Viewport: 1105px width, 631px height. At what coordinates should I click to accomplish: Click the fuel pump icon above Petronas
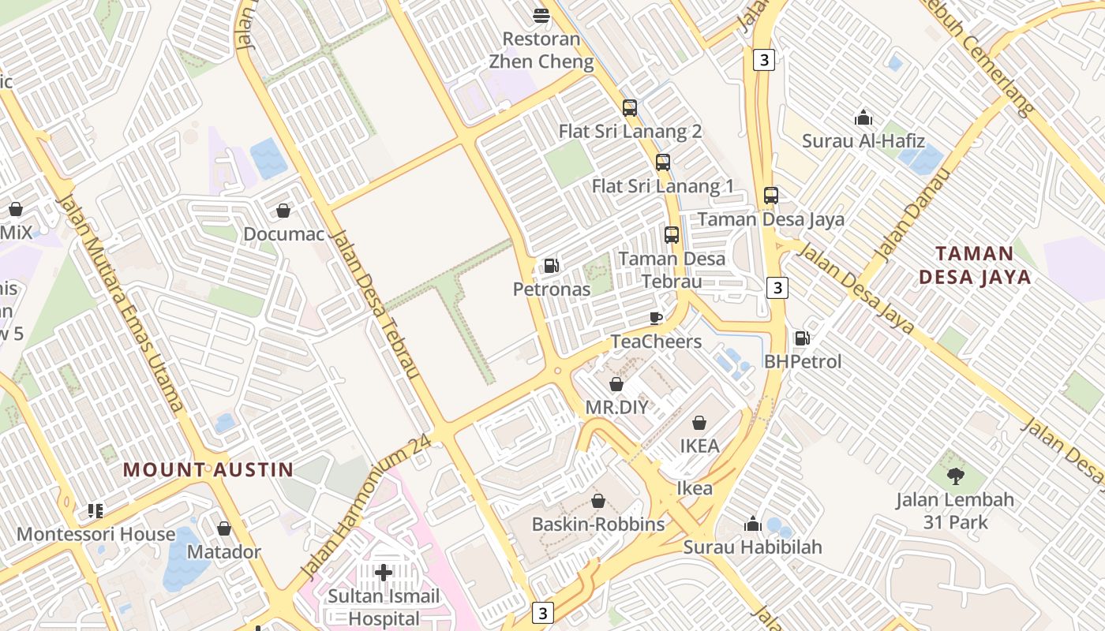[551, 266]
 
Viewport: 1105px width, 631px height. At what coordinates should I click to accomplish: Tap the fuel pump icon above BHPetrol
[802, 338]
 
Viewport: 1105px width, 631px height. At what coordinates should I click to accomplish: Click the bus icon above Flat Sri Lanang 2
[629, 108]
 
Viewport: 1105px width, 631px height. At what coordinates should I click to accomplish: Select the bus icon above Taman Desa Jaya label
[770, 196]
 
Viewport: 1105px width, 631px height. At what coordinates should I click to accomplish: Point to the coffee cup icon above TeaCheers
[655, 318]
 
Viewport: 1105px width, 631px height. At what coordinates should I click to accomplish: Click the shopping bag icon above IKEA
[699, 423]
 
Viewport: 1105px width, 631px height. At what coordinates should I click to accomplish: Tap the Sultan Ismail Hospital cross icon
[384, 572]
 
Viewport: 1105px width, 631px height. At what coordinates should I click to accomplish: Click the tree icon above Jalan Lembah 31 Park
[955, 476]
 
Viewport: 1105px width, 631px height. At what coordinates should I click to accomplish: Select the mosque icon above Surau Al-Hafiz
[863, 118]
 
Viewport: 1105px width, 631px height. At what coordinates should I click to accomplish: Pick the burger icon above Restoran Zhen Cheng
[541, 15]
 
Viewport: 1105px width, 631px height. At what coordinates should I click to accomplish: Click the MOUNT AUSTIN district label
[208, 470]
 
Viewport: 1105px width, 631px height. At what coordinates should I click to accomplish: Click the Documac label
[283, 234]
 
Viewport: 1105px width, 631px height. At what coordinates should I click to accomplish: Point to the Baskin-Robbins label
[598, 525]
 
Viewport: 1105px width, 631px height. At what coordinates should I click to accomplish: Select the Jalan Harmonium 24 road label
[367, 505]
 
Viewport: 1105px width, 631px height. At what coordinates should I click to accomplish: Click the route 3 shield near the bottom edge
[541, 612]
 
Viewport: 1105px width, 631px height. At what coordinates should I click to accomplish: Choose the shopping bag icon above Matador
[224, 528]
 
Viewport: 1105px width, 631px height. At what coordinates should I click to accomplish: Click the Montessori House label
[96, 534]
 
